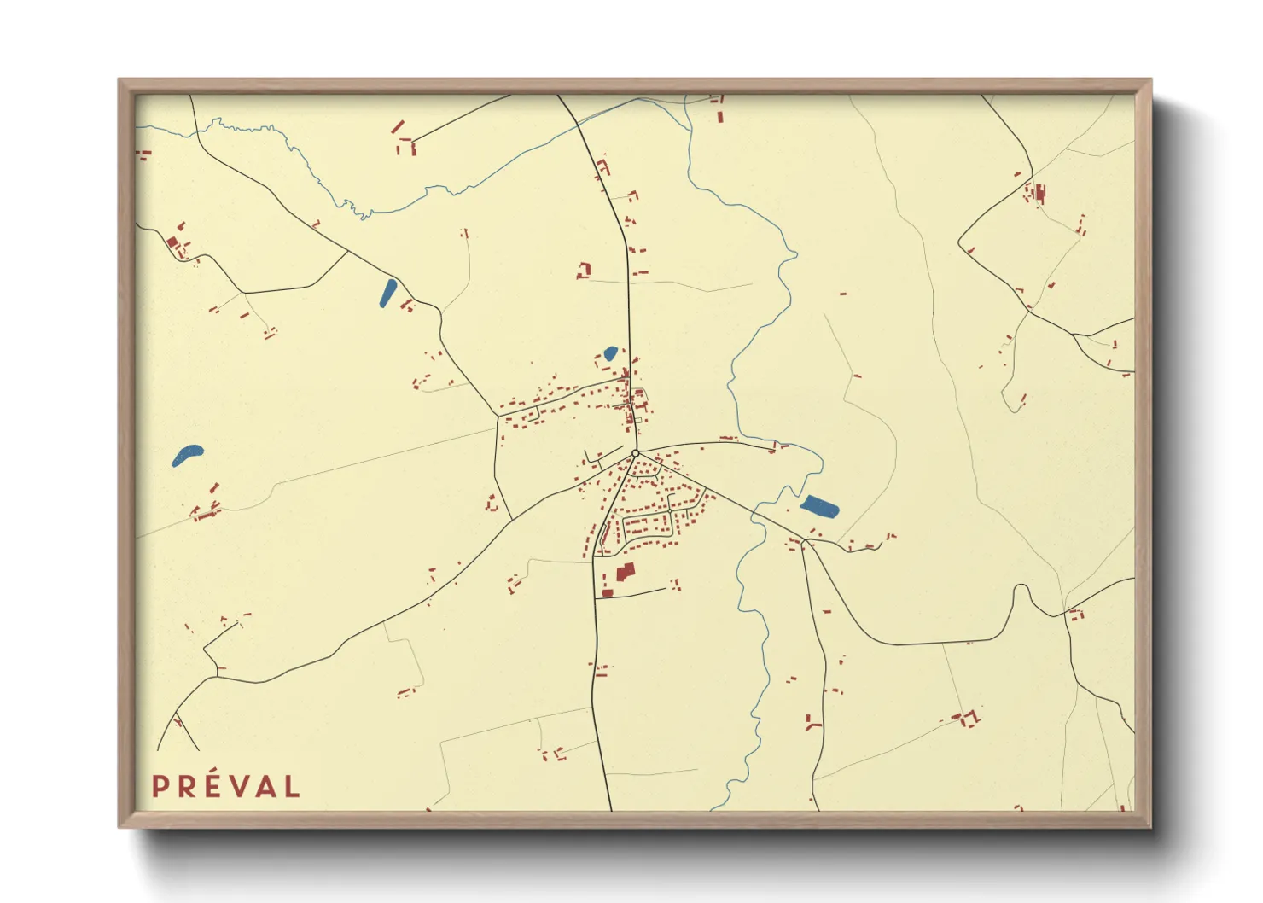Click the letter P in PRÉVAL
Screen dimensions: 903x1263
160,787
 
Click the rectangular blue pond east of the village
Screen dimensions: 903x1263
819,507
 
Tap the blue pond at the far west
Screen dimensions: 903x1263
187,454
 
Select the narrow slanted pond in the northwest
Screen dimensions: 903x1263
387,292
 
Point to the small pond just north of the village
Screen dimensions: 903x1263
610,352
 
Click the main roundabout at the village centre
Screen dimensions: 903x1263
636,453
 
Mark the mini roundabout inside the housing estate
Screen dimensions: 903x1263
670,510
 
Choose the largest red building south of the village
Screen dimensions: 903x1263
626,571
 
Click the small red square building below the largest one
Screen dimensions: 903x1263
608,591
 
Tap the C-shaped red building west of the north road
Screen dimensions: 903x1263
585,271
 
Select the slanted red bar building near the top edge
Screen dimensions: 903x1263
398,127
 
